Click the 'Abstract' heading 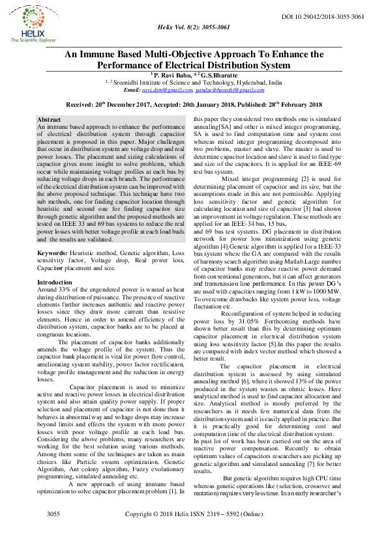coord(50,121)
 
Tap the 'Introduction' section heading coord(55,282)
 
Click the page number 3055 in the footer coord(53,533)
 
